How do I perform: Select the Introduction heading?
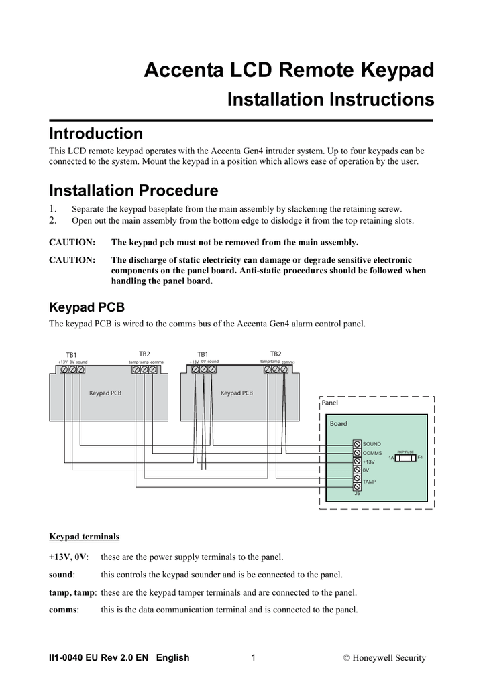click(96, 133)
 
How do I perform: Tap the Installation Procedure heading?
click(134, 190)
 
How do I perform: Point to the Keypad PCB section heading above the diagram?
click(87, 307)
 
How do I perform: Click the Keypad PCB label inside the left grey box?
click(105, 393)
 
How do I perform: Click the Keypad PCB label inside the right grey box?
click(237, 393)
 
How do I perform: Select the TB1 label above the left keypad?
click(71, 354)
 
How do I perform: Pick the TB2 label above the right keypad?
click(276, 354)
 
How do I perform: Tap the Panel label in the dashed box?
click(330, 403)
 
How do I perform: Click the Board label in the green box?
click(339, 423)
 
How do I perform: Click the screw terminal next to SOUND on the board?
click(357, 444)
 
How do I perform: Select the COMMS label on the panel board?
click(372, 453)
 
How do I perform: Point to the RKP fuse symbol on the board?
click(405, 458)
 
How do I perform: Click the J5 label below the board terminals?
click(357, 494)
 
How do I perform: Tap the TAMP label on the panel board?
click(370, 482)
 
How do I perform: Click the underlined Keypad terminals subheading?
click(85, 537)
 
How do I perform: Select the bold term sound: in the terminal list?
click(62, 575)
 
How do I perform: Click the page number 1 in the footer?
click(253, 657)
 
